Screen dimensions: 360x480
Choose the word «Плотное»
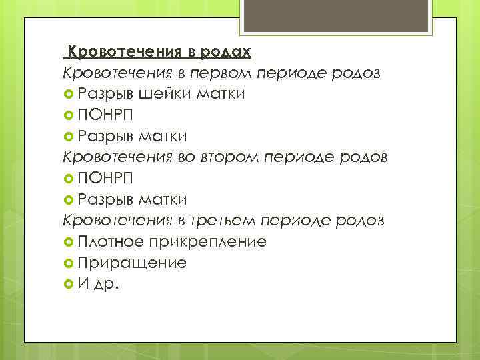pos(109,241)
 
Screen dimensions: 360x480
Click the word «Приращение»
pos(132,263)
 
